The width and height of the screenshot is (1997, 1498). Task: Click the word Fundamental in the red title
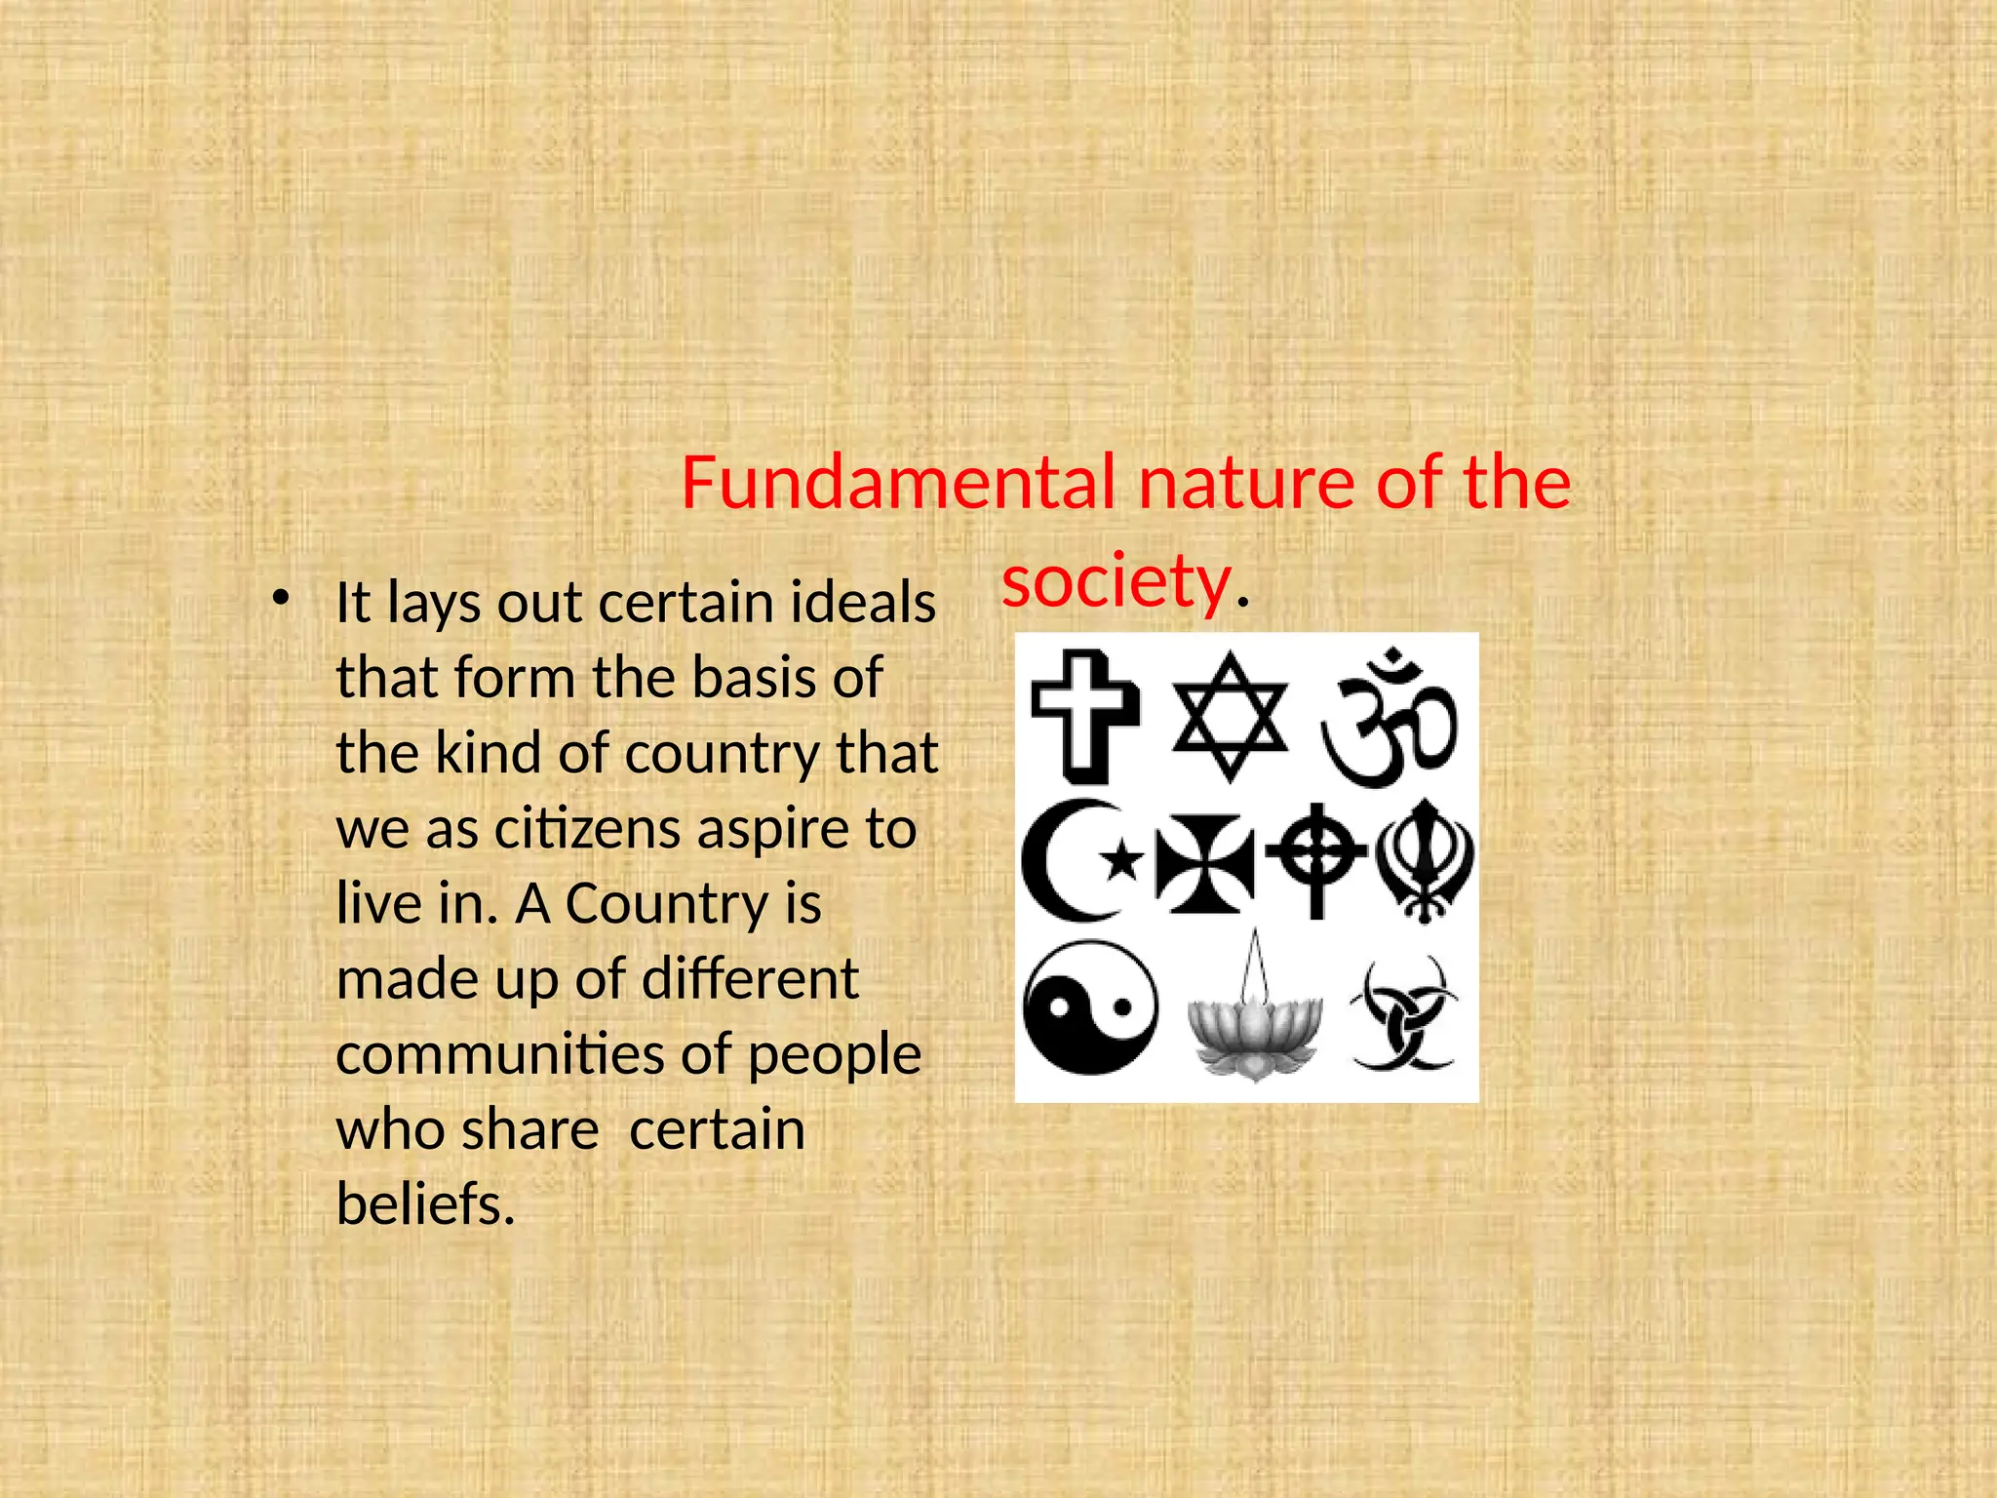coord(897,483)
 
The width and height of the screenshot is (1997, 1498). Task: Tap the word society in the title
coord(1116,581)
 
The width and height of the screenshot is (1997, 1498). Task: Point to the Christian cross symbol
coord(1084,717)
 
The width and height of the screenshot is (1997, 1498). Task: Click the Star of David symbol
coord(1230,717)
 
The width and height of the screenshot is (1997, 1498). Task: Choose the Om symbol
coord(1389,720)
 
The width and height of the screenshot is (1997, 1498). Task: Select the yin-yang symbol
coord(1091,1008)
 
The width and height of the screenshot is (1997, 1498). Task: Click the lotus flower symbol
coord(1254,1019)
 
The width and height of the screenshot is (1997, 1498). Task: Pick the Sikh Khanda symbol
coord(1425,860)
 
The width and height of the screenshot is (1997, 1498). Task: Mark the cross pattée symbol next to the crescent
coord(1205,864)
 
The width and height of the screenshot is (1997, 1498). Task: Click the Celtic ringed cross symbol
coord(1316,858)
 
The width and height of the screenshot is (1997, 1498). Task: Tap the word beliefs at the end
coord(425,1204)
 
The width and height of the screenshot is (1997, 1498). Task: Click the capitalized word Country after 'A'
coord(667,905)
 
